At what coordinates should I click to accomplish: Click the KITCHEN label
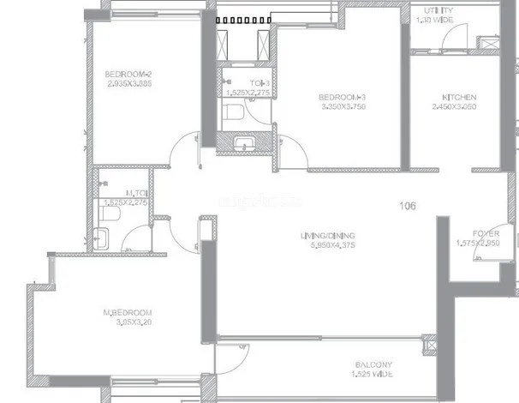click(x=454, y=97)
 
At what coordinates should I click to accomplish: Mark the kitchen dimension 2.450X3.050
click(x=454, y=107)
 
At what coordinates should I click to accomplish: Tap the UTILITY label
click(x=436, y=9)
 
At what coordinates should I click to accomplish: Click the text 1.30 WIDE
click(x=436, y=19)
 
